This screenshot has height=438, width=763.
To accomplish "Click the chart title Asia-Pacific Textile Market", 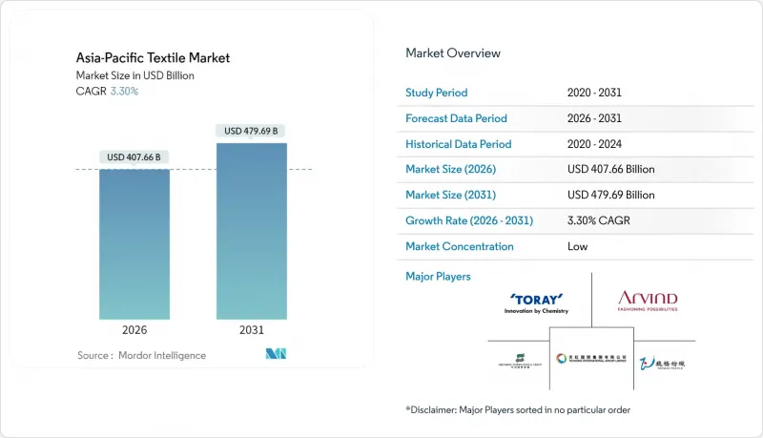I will coord(153,58).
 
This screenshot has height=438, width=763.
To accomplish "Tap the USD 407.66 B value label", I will coord(134,157).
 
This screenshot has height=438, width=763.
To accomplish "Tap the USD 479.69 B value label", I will coord(251,131).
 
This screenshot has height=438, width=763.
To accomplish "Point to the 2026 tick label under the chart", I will coord(134,330).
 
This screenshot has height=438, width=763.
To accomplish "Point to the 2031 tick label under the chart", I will coord(251,330).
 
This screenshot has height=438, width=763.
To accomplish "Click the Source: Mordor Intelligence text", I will coord(141,355).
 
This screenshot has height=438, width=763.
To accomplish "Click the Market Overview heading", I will coord(453,53).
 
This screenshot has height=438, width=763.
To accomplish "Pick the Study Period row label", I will coord(438,94).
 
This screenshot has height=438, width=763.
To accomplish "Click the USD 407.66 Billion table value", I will coord(610,170).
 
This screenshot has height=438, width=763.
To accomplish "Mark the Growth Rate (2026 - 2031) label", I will coord(469,220).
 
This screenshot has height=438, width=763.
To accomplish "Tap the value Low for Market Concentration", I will coord(577,246).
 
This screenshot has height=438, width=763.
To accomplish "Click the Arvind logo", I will coord(649,302).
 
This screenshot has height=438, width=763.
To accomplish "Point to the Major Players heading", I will coord(438,277).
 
